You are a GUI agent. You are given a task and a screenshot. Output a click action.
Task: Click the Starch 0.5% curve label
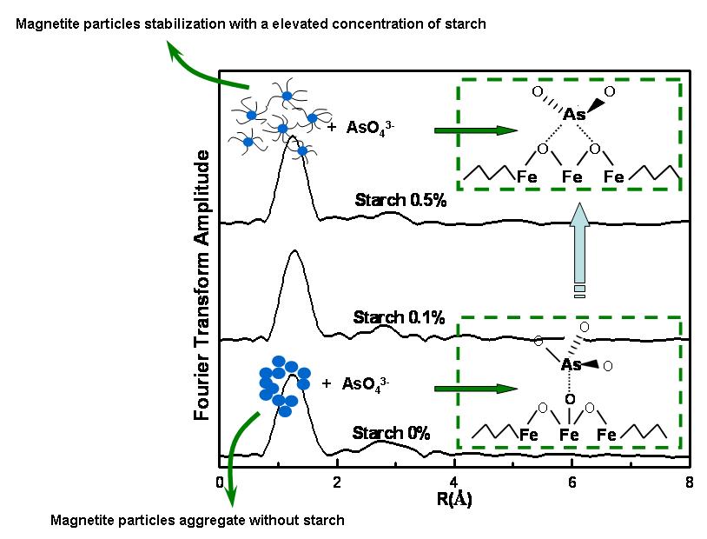coord(400,201)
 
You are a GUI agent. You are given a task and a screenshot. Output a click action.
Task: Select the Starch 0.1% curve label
coord(399,317)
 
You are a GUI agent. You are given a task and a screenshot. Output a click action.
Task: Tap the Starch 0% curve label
coord(391,433)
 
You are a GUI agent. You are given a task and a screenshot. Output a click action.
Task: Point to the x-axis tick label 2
coord(337,482)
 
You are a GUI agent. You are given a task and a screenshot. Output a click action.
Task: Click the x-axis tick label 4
coord(454,482)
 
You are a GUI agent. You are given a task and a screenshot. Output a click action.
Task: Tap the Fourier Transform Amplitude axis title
coord(203,285)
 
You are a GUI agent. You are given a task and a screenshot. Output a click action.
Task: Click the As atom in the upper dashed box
coord(574,115)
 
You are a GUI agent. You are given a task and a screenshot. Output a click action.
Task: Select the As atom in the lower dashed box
coord(571,365)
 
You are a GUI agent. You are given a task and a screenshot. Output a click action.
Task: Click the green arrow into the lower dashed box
coord(469,388)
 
